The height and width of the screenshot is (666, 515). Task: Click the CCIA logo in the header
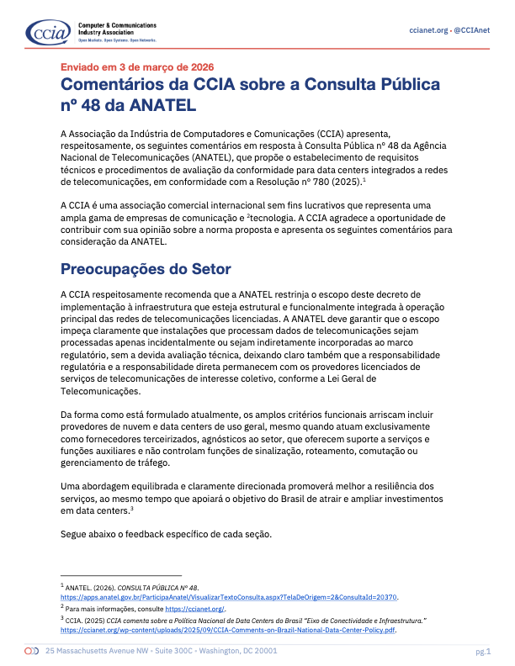pyautogui.click(x=42, y=32)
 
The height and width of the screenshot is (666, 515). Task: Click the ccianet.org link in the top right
pyautogui.click(x=428, y=30)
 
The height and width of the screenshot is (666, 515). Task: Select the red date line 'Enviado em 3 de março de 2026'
pyautogui.click(x=137, y=66)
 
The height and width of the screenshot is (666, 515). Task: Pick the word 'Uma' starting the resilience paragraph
pyautogui.click(x=72, y=485)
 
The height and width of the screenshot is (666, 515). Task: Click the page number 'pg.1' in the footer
pyautogui.click(x=483, y=652)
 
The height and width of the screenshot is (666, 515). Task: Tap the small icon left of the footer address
pyautogui.click(x=31, y=652)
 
